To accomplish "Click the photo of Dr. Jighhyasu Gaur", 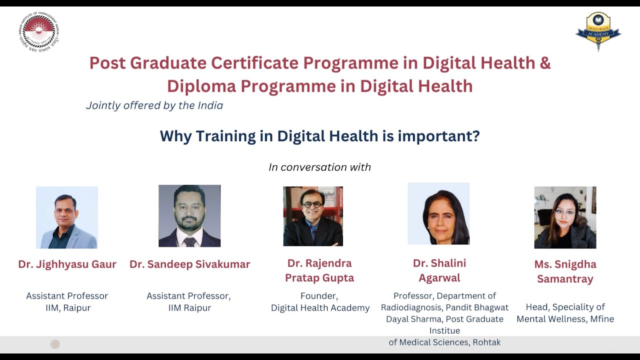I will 67,217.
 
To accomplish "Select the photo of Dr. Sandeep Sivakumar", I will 189,216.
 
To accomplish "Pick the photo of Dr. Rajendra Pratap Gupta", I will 313,216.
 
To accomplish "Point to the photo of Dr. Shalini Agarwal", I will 438,213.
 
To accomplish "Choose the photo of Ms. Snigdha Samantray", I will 565,217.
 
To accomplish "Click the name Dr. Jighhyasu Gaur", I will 67,264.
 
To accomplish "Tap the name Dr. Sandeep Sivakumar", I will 189,264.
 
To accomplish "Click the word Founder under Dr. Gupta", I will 319,296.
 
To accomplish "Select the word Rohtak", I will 485,342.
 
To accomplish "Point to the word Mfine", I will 601,319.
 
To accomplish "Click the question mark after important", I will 475,136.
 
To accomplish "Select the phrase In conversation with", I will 319,167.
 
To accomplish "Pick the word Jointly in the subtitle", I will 103,106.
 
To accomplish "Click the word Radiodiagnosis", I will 410,307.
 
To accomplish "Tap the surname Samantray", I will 565,279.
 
